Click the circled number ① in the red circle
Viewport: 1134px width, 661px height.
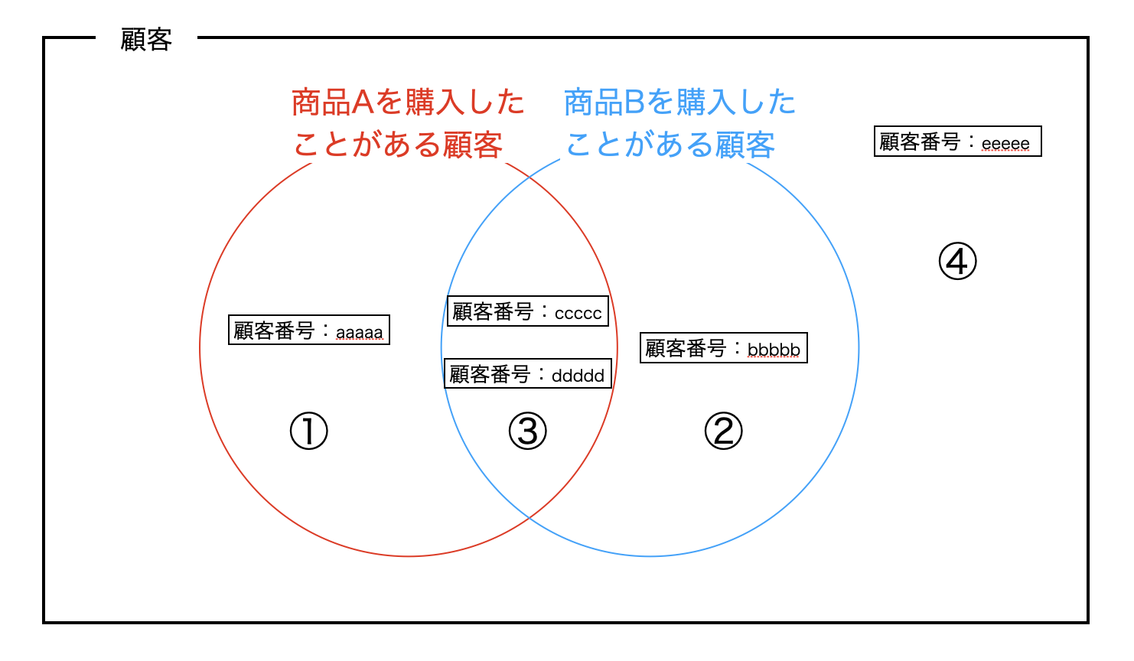point(309,431)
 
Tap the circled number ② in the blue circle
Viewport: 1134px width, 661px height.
point(723,431)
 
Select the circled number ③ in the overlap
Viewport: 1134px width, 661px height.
point(528,431)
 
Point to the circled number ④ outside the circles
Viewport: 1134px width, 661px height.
point(957,262)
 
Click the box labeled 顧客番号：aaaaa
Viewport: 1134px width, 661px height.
point(309,330)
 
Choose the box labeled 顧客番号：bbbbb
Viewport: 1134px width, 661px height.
point(723,348)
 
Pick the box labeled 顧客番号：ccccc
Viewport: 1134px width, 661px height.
point(528,311)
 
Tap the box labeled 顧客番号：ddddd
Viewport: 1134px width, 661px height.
point(528,374)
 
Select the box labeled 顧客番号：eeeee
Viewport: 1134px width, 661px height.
point(957,142)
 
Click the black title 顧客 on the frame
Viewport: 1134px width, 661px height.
point(146,39)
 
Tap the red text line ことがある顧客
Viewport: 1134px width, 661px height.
point(398,145)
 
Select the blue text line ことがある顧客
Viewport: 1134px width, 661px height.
point(670,145)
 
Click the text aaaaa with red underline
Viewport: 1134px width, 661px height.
point(360,333)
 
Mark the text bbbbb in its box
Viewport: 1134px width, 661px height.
point(774,350)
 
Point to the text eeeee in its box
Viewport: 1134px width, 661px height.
point(1005,144)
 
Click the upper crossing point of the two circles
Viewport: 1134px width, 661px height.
point(530,178)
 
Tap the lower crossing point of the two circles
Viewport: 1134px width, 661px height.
point(530,518)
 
